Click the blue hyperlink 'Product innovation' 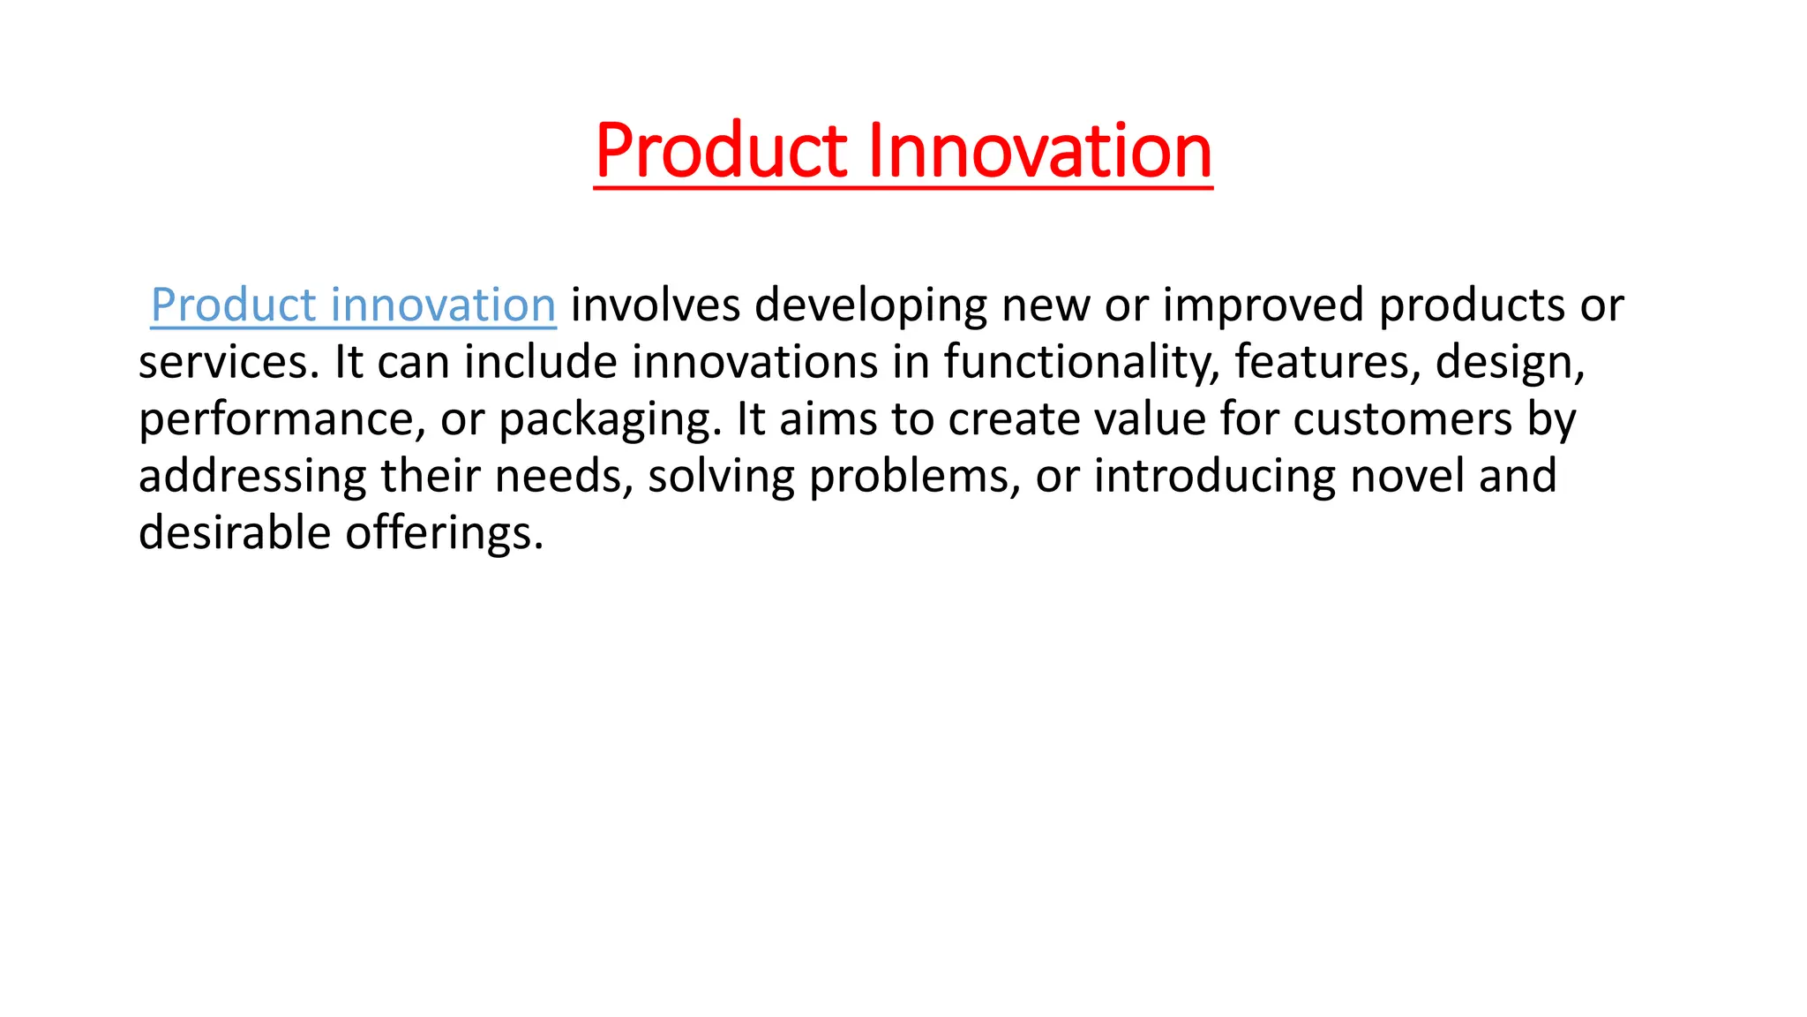pos(353,305)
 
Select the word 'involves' pos(656,305)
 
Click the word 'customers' pos(1403,419)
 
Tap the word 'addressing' pos(252,478)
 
